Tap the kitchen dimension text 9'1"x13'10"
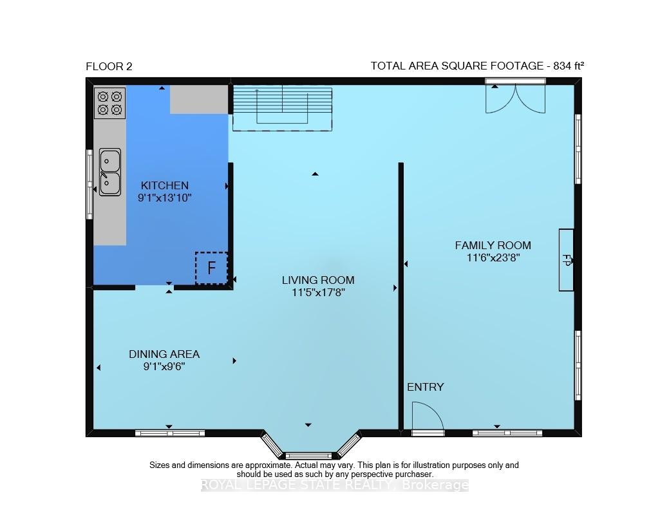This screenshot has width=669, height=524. pos(164,198)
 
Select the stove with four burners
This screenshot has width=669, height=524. pos(109,103)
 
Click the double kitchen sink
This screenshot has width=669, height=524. pos(109,172)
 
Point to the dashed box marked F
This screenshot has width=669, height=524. pos(211,268)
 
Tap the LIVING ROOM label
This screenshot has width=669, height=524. pos(318,280)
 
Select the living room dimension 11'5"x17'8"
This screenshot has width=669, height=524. pos(318,293)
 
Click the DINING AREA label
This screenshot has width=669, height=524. pos(164,354)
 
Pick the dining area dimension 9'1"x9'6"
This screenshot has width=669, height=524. pos(164,367)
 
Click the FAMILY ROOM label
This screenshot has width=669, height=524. pos(493,245)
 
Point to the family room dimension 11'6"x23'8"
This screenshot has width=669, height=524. pos(493,258)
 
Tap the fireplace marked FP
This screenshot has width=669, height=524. pos(566,260)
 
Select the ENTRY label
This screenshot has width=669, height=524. pos(426,387)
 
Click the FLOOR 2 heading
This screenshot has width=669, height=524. pos(109,66)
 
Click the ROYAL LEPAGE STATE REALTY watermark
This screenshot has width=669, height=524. pos(334,485)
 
